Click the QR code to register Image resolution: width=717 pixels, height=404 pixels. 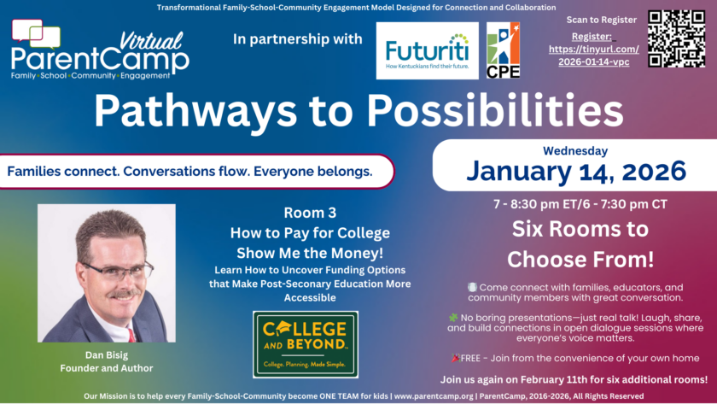tap(676, 39)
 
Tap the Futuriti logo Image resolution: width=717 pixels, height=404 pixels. tap(427, 50)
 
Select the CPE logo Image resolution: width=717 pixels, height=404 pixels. tap(503, 50)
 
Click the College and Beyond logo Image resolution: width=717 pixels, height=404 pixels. tap(306, 344)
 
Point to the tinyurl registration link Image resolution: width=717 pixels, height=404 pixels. tap(593, 56)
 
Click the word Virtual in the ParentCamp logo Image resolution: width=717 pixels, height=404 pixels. tap(151, 42)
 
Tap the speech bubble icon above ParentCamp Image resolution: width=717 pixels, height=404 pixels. tap(36, 34)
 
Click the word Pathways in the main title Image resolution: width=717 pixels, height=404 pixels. tap(195, 111)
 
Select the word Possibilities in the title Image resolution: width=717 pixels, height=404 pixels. tap(495, 110)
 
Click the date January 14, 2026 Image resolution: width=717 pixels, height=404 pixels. tap(576, 171)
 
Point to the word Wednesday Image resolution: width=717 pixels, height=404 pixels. tap(575, 150)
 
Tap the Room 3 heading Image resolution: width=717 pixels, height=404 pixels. tap(310, 213)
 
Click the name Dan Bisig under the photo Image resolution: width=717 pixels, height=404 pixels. tap(107, 355)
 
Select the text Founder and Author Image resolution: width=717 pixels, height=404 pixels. tap(107, 368)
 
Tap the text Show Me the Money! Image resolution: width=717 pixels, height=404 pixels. tap(310, 253)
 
